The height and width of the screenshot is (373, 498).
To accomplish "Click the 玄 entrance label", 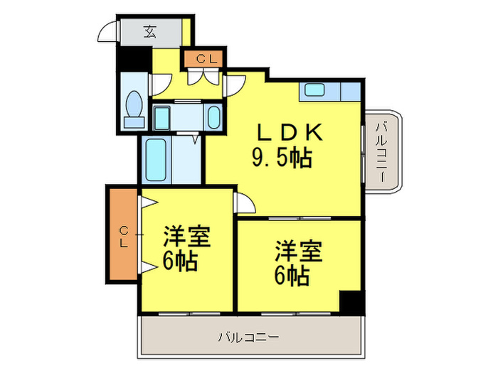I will [150, 31].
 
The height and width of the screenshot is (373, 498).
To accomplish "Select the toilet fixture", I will [133, 109].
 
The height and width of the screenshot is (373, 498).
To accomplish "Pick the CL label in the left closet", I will [123, 235].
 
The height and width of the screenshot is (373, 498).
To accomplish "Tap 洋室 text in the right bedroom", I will [299, 252].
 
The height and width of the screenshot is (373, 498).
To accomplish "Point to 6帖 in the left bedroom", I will [179, 261].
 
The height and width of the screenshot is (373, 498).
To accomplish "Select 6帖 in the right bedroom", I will [291, 276].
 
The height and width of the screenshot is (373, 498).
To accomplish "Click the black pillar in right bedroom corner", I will [351, 301].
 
